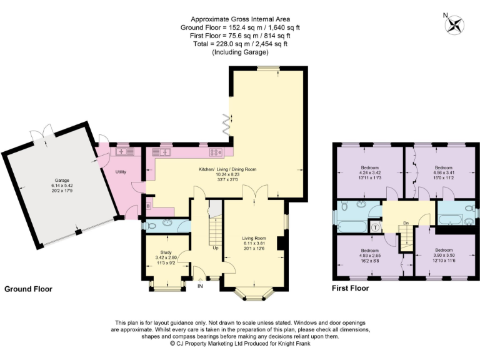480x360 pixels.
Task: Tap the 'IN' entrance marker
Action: point(201,286)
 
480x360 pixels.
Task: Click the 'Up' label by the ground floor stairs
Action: point(216,247)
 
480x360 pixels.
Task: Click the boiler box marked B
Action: point(148,205)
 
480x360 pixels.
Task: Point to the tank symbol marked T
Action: point(374,228)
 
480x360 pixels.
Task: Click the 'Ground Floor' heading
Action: point(28,289)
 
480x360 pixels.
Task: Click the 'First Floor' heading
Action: point(351,289)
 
